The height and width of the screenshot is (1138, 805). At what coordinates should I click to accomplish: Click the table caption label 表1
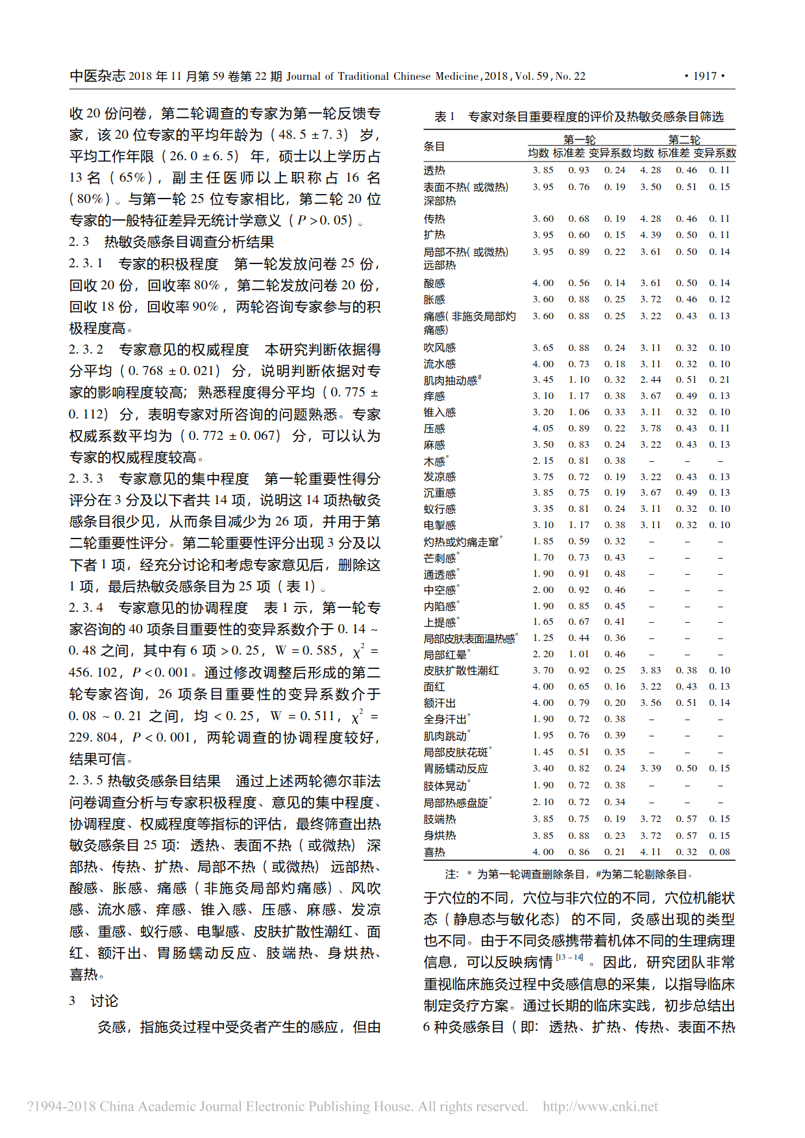(444, 117)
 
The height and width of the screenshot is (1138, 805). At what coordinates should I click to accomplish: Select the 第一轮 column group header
(579, 139)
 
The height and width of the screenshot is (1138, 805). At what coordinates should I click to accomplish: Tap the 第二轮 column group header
(684, 139)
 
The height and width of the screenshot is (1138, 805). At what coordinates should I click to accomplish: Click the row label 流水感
(440, 364)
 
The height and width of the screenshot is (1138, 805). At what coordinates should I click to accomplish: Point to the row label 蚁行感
(440, 509)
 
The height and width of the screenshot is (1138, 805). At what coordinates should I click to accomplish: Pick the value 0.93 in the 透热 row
(578, 170)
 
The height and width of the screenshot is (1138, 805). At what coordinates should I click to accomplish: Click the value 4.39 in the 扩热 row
(650, 235)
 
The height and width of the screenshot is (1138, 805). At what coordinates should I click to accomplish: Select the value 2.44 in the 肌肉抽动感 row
(650, 380)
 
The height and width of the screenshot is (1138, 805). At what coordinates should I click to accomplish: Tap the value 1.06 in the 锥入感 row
(578, 412)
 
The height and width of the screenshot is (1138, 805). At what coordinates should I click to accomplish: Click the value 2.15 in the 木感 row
(543, 461)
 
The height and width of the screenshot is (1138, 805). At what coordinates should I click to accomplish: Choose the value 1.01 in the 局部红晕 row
(578, 654)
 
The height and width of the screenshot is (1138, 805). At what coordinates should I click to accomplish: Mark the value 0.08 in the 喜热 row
(719, 852)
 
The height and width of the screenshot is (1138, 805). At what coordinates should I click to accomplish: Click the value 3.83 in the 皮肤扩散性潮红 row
(650, 670)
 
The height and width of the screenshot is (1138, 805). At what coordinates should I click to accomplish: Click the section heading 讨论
(104, 1001)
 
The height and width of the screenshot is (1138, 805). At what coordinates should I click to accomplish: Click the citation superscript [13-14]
(569, 957)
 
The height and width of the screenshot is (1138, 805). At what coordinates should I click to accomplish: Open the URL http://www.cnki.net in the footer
(600, 1106)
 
